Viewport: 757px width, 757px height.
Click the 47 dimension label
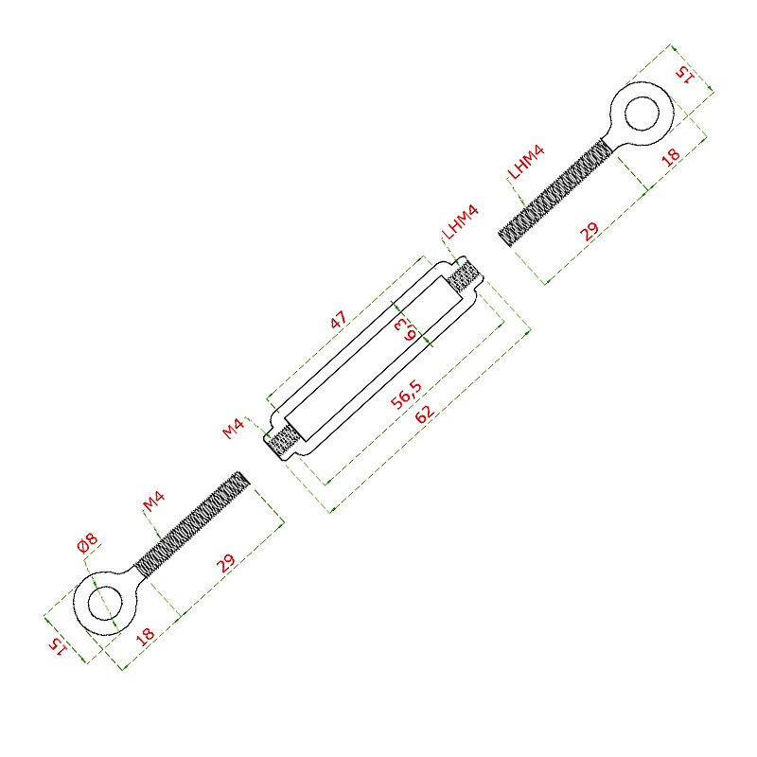click(x=339, y=319)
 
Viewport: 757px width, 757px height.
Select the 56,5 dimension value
click(x=406, y=395)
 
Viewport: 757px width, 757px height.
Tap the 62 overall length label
click(x=425, y=414)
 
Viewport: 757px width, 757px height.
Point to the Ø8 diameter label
click(x=87, y=542)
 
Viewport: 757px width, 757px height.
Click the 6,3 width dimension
click(x=405, y=329)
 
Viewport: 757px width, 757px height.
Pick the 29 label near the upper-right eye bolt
click(x=590, y=231)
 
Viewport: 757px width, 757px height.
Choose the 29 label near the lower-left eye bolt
click(x=225, y=563)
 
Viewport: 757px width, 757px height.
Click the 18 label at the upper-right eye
click(x=671, y=157)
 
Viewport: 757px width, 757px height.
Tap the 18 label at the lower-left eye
click(x=145, y=636)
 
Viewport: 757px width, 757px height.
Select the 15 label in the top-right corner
click(x=685, y=75)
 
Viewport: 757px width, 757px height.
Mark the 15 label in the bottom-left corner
click(x=58, y=646)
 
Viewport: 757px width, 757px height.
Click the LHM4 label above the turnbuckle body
click(x=460, y=221)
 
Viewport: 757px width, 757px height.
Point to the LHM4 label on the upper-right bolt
click(x=526, y=162)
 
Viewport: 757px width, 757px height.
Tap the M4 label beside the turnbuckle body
click(x=233, y=429)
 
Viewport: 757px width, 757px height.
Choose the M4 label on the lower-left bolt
click(x=154, y=502)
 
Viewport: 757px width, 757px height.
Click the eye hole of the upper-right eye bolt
click(x=642, y=114)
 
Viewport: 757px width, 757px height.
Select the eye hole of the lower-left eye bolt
click(x=105, y=603)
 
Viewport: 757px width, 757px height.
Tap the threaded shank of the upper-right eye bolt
click(x=554, y=193)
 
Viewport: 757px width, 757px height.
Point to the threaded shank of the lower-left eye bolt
click(x=192, y=524)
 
